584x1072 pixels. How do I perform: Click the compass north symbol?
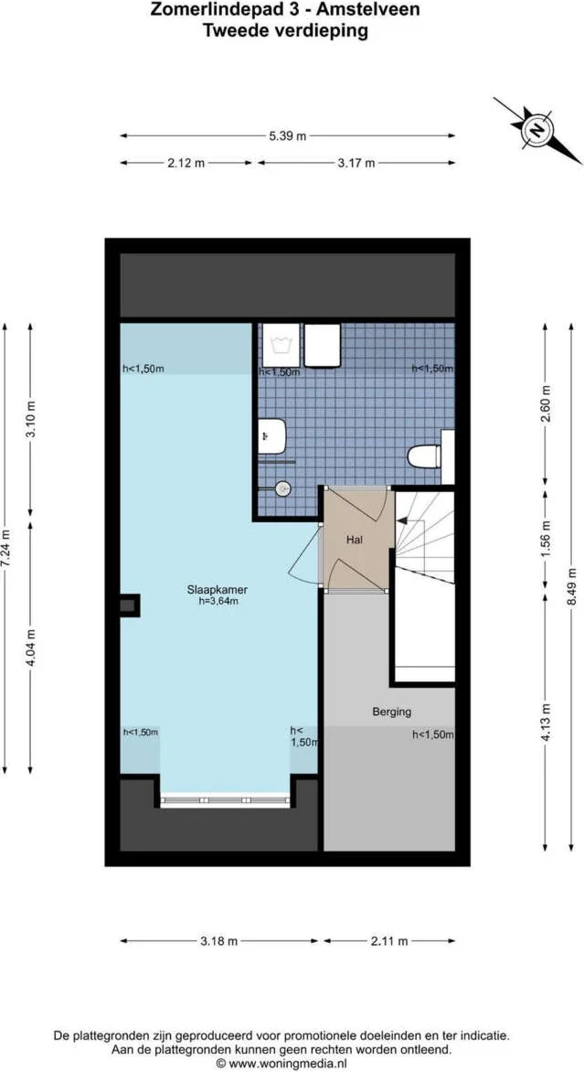pos(537,130)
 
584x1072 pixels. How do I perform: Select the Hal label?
pos(355,541)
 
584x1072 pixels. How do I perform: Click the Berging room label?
pos(391,711)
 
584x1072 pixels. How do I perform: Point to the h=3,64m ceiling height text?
pos(218,602)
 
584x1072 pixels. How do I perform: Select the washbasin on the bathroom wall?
pos(273,436)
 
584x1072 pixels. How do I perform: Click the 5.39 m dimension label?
pos(287,136)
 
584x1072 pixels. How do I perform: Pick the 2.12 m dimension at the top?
pos(186,163)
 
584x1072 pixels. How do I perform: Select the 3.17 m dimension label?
pos(356,163)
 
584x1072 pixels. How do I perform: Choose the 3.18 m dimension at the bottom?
pos(219,940)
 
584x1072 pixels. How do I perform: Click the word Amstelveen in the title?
pos(368,11)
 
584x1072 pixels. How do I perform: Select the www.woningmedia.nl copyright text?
pos(281,1064)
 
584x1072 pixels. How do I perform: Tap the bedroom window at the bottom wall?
pos(226,800)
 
